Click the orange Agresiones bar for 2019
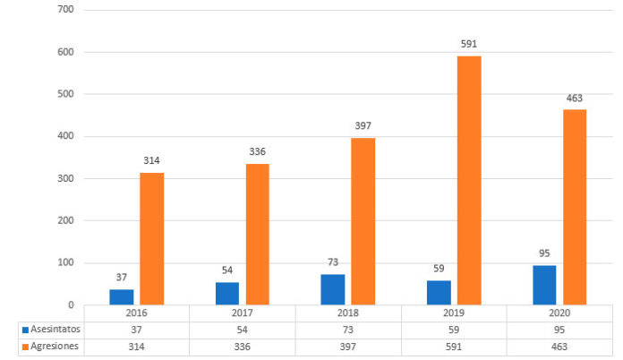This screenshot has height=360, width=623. [469, 179]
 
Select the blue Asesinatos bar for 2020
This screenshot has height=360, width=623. [544, 285]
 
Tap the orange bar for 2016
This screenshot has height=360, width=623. [152, 238]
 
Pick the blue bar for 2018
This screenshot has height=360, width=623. [333, 289]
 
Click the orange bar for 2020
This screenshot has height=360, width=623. [575, 207]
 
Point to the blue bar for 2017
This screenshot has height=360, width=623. [227, 293]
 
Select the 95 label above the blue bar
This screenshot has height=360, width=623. [544, 251]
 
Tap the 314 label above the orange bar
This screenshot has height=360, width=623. [152, 160]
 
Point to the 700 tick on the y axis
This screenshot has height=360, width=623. [64, 10]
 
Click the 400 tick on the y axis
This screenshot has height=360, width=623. [64, 136]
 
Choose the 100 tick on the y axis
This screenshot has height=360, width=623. [64, 262]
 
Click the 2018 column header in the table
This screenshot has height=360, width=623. [348, 313]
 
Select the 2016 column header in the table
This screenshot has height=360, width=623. [136, 313]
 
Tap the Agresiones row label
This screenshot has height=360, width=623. [52, 347]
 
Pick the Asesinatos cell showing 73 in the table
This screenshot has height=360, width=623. [348, 330]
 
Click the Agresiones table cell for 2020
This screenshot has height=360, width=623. [559, 347]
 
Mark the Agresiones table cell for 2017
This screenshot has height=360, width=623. [242, 347]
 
